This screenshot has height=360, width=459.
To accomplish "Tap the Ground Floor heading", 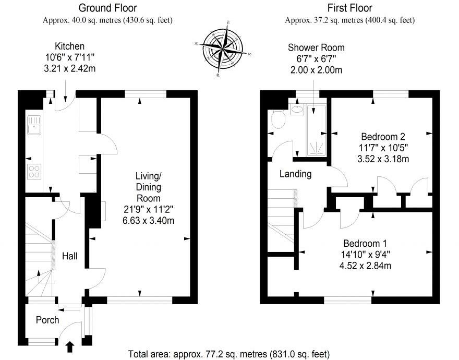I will click(x=108, y=8).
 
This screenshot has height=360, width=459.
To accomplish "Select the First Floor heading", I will click(x=350, y=8).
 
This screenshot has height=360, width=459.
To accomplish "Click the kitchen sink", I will click(x=34, y=126).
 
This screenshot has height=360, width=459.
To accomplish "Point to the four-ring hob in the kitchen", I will click(x=34, y=171).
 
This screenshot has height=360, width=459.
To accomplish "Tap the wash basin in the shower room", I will click(x=297, y=110).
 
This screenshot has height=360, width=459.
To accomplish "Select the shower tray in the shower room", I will click(x=317, y=130).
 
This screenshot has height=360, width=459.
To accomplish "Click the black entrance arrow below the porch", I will click(x=70, y=346).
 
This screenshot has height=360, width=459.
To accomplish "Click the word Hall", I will click(x=70, y=256).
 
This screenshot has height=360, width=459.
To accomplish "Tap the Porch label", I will click(x=47, y=320).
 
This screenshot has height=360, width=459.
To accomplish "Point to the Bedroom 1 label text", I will click(x=365, y=244).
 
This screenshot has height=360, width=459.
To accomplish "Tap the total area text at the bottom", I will click(x=229, y=354).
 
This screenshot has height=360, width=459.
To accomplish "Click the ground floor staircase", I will click(x=39, y=250).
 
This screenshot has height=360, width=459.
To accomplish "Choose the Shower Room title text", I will click(x=316, y=47).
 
